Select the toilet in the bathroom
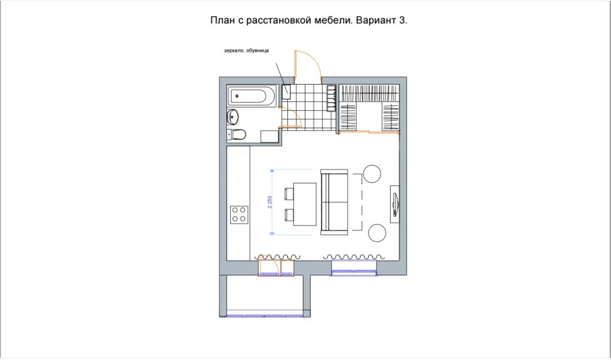(236, 134)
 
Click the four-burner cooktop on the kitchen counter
(239, 215)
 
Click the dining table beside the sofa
(306, 204)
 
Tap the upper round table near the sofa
(372, 174)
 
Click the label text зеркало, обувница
(246, 50)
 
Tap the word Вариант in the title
(375, 21)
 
